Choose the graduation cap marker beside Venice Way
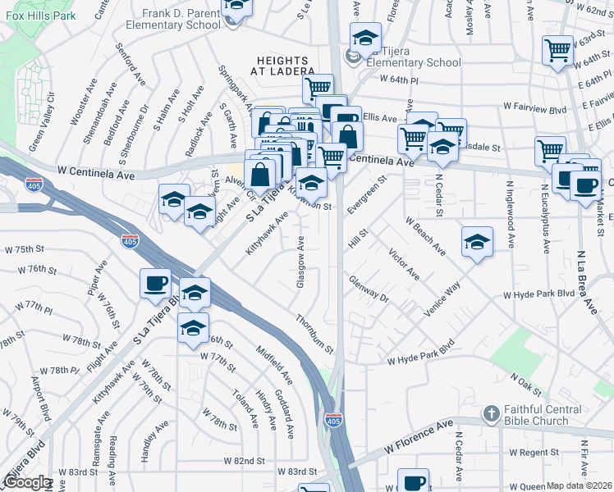click(x=477, y=242)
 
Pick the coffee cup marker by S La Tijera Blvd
click(x=155, y=284)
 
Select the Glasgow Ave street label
click(x=301, y=262)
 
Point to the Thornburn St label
click(x=315, y=334)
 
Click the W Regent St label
click(x=534, y=453)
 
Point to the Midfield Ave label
click(x=274, y=365)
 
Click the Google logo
click(x=27, y=482)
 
